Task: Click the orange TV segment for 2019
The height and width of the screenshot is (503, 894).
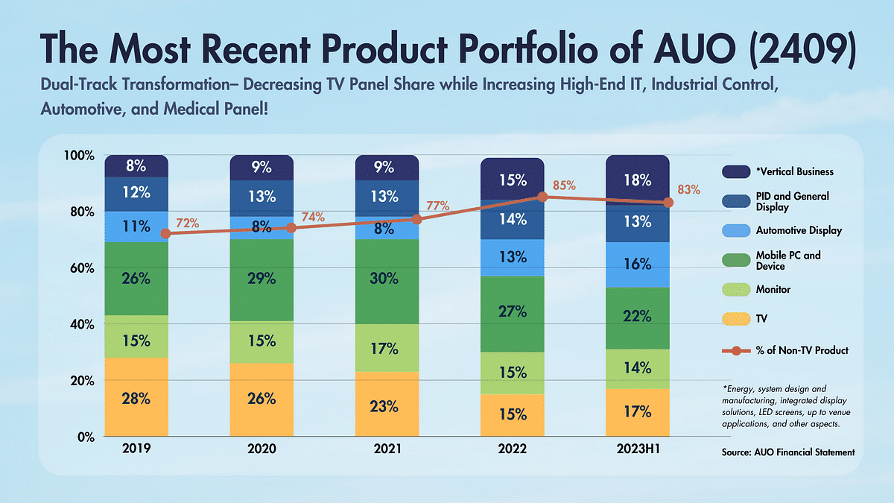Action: tap(136, 397)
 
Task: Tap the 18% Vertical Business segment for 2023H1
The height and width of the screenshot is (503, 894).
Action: tap(638, 180)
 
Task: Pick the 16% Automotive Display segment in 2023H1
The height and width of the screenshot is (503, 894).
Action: tap(638, 265)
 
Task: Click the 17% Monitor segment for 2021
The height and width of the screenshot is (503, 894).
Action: tap(387, 349)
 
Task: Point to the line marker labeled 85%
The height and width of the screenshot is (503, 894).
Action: tap(543, 197)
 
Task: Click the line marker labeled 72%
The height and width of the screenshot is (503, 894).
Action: tap(165, 233)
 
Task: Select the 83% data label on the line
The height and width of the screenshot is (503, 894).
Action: tap(690, 189)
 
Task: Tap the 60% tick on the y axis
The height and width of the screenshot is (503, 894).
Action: tap(79, 268)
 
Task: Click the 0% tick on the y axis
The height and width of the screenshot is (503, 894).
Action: tap(83, 437)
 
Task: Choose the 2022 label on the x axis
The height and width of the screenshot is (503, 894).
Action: tap(513, 449)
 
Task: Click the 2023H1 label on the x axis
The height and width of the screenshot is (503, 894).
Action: tap(638, 449)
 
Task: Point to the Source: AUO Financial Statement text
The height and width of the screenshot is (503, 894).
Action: tap(787, 452)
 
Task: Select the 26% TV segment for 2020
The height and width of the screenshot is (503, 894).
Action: tap(261, 399)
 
